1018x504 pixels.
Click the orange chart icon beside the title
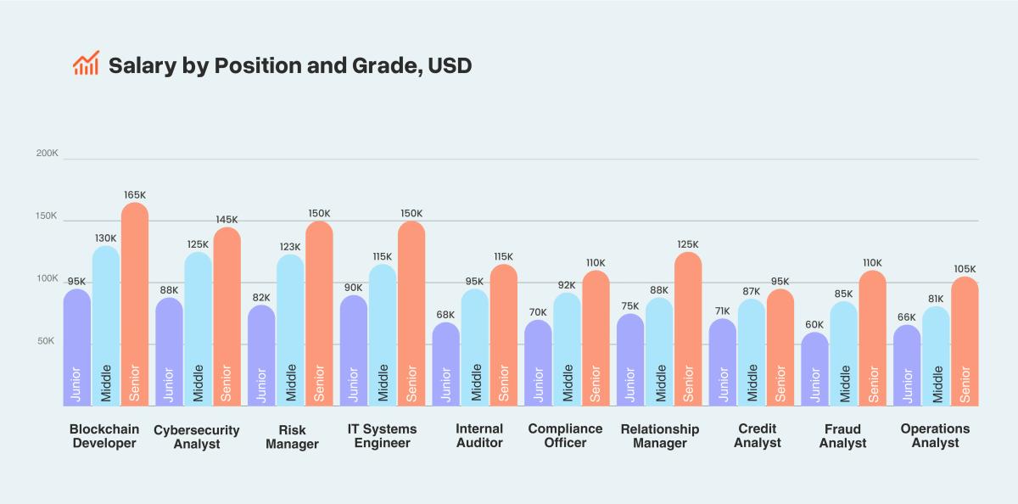[86, 64]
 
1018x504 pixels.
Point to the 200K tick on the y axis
[47, 154]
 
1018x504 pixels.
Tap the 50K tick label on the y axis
[47, 341]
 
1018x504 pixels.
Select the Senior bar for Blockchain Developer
[135, 305]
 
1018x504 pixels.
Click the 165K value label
[135, 194]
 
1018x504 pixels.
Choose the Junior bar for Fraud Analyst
[815, 369]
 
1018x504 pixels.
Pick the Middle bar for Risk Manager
[290, 331]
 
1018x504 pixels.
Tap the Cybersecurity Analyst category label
[197, 437]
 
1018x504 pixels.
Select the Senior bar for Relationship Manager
[688, 331]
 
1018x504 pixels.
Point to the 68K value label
[445, 315]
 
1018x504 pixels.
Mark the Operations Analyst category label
[935, 436]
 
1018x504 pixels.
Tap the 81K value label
[936, 299]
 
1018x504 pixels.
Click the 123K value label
[290, 247]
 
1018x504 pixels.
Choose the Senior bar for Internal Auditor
[504, 335]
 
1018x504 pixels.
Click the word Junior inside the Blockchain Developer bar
[77, 383]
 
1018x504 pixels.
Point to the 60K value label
[815, 324]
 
